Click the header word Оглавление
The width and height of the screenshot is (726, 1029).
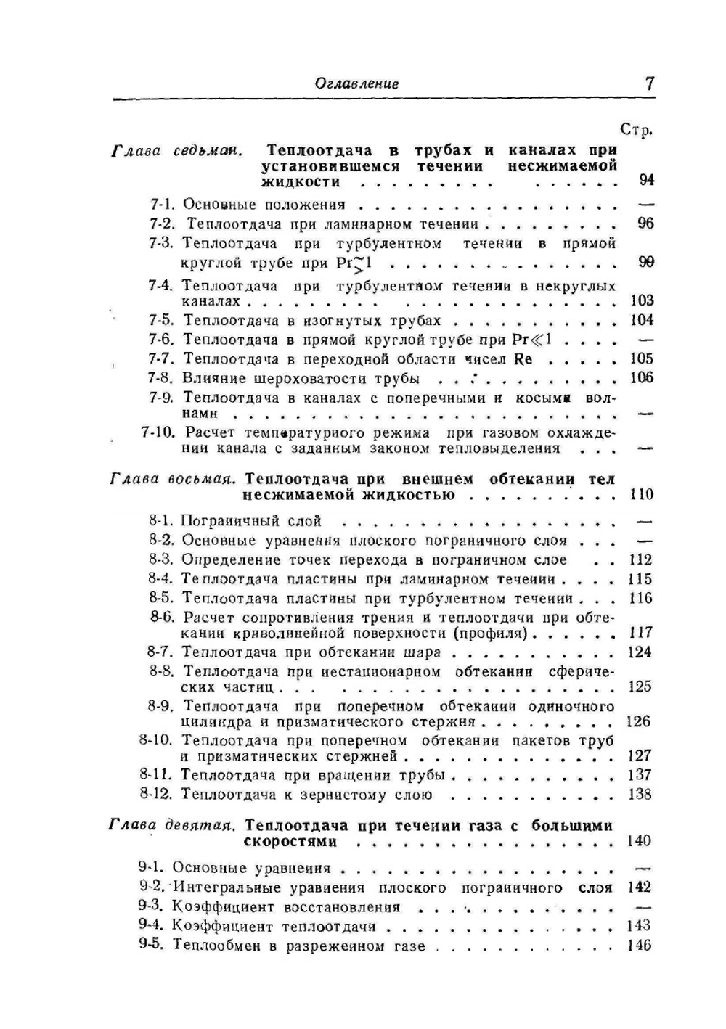pyautogui.click(x=356, y=83)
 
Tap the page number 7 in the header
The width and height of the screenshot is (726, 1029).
pyautogui.click(x=649, y=83)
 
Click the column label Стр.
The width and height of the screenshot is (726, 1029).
pyautogui.click(x=637, y=131)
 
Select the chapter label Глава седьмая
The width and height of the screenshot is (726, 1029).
pyautogui.click(x=176, y=151)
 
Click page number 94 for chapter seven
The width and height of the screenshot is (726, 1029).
pyautogui.click(x=645, y=179)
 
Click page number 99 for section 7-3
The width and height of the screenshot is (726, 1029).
pyautogui.click(x=645, y=262)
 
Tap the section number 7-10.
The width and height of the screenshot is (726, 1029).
pyautogui.click(x=157, y=432)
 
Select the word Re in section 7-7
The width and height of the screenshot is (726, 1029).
pyautogui.click(x=523, y=358)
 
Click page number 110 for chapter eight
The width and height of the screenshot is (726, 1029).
pyautogui.click(x=641, y=495)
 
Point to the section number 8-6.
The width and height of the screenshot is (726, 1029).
pyautogui.click(x=163, y=618)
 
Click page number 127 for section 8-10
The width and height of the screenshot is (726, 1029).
pyautogui.click(x=640, y=755)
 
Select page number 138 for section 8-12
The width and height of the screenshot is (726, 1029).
pyautogui.click(x=640, y=794)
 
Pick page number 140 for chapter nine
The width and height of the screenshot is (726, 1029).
pyautogui.click(x=640, y=841)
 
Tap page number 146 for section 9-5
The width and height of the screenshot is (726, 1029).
pyautogui.click(x=640, y=946)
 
